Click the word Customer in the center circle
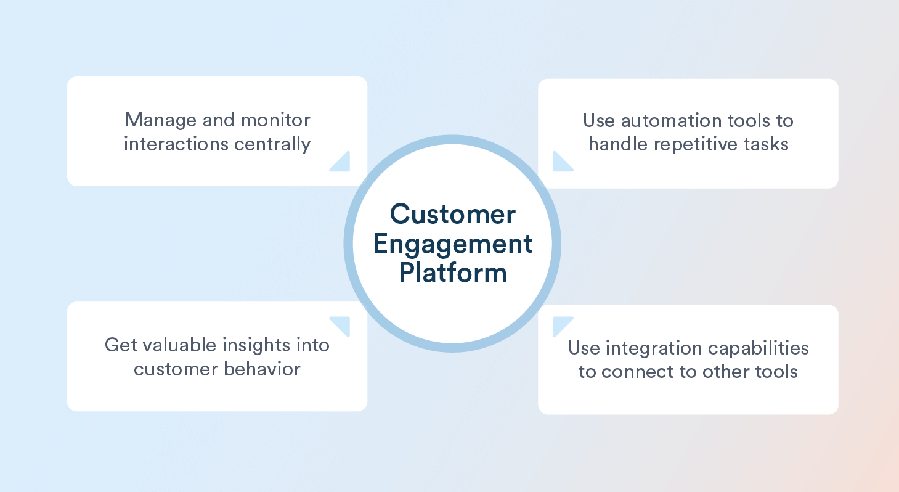pyautogui.click(x=452, y=215)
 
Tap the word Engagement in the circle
pyautogui.click(x=452, y=245)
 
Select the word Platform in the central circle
pyautogui.click(x=452, y=272)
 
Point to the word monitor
pyautogui.click(x=275, y=120)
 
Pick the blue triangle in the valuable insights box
pyautogui.click(x=343, y=324)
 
